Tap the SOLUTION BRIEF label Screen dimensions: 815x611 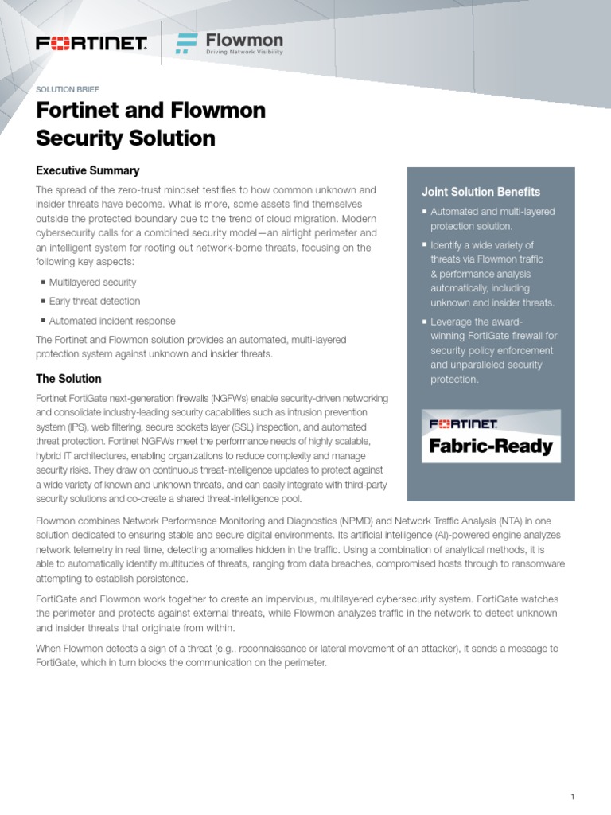coord(68,89)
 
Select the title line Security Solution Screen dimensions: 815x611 coord(126,138)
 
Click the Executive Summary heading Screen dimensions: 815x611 coord(88,170)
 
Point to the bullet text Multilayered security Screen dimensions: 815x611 coord(92,282)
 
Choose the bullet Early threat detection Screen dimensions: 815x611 coord(94,302)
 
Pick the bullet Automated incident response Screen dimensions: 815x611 coord(112,321)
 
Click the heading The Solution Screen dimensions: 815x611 coord(69,379)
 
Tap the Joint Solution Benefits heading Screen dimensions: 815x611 coord(481,192)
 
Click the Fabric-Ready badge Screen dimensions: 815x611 coord(491,436)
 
